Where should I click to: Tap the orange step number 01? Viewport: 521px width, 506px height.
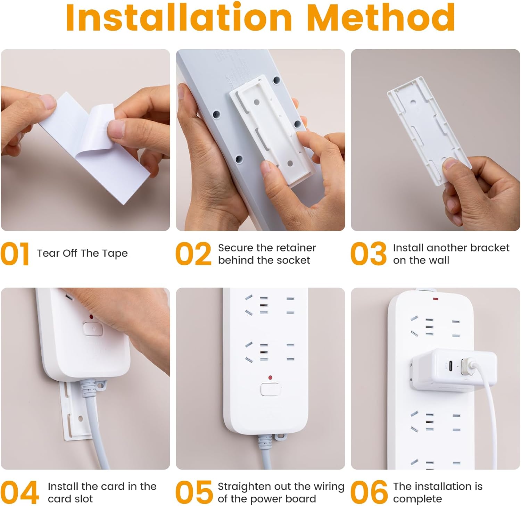pos(15,254)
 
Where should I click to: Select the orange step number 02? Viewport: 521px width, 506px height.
pos(193,254)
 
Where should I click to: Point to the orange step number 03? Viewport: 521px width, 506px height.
pos(369,254)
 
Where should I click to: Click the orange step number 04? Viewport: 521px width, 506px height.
pos(19,492)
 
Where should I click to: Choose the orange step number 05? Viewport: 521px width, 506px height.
pos(194,492)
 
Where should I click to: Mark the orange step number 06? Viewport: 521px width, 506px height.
pos(369,492)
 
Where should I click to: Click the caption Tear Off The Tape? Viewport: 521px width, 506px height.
pos(82,253)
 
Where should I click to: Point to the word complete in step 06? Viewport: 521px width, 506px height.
pos(417,499)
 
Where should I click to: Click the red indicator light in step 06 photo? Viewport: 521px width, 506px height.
pos(436,298)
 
